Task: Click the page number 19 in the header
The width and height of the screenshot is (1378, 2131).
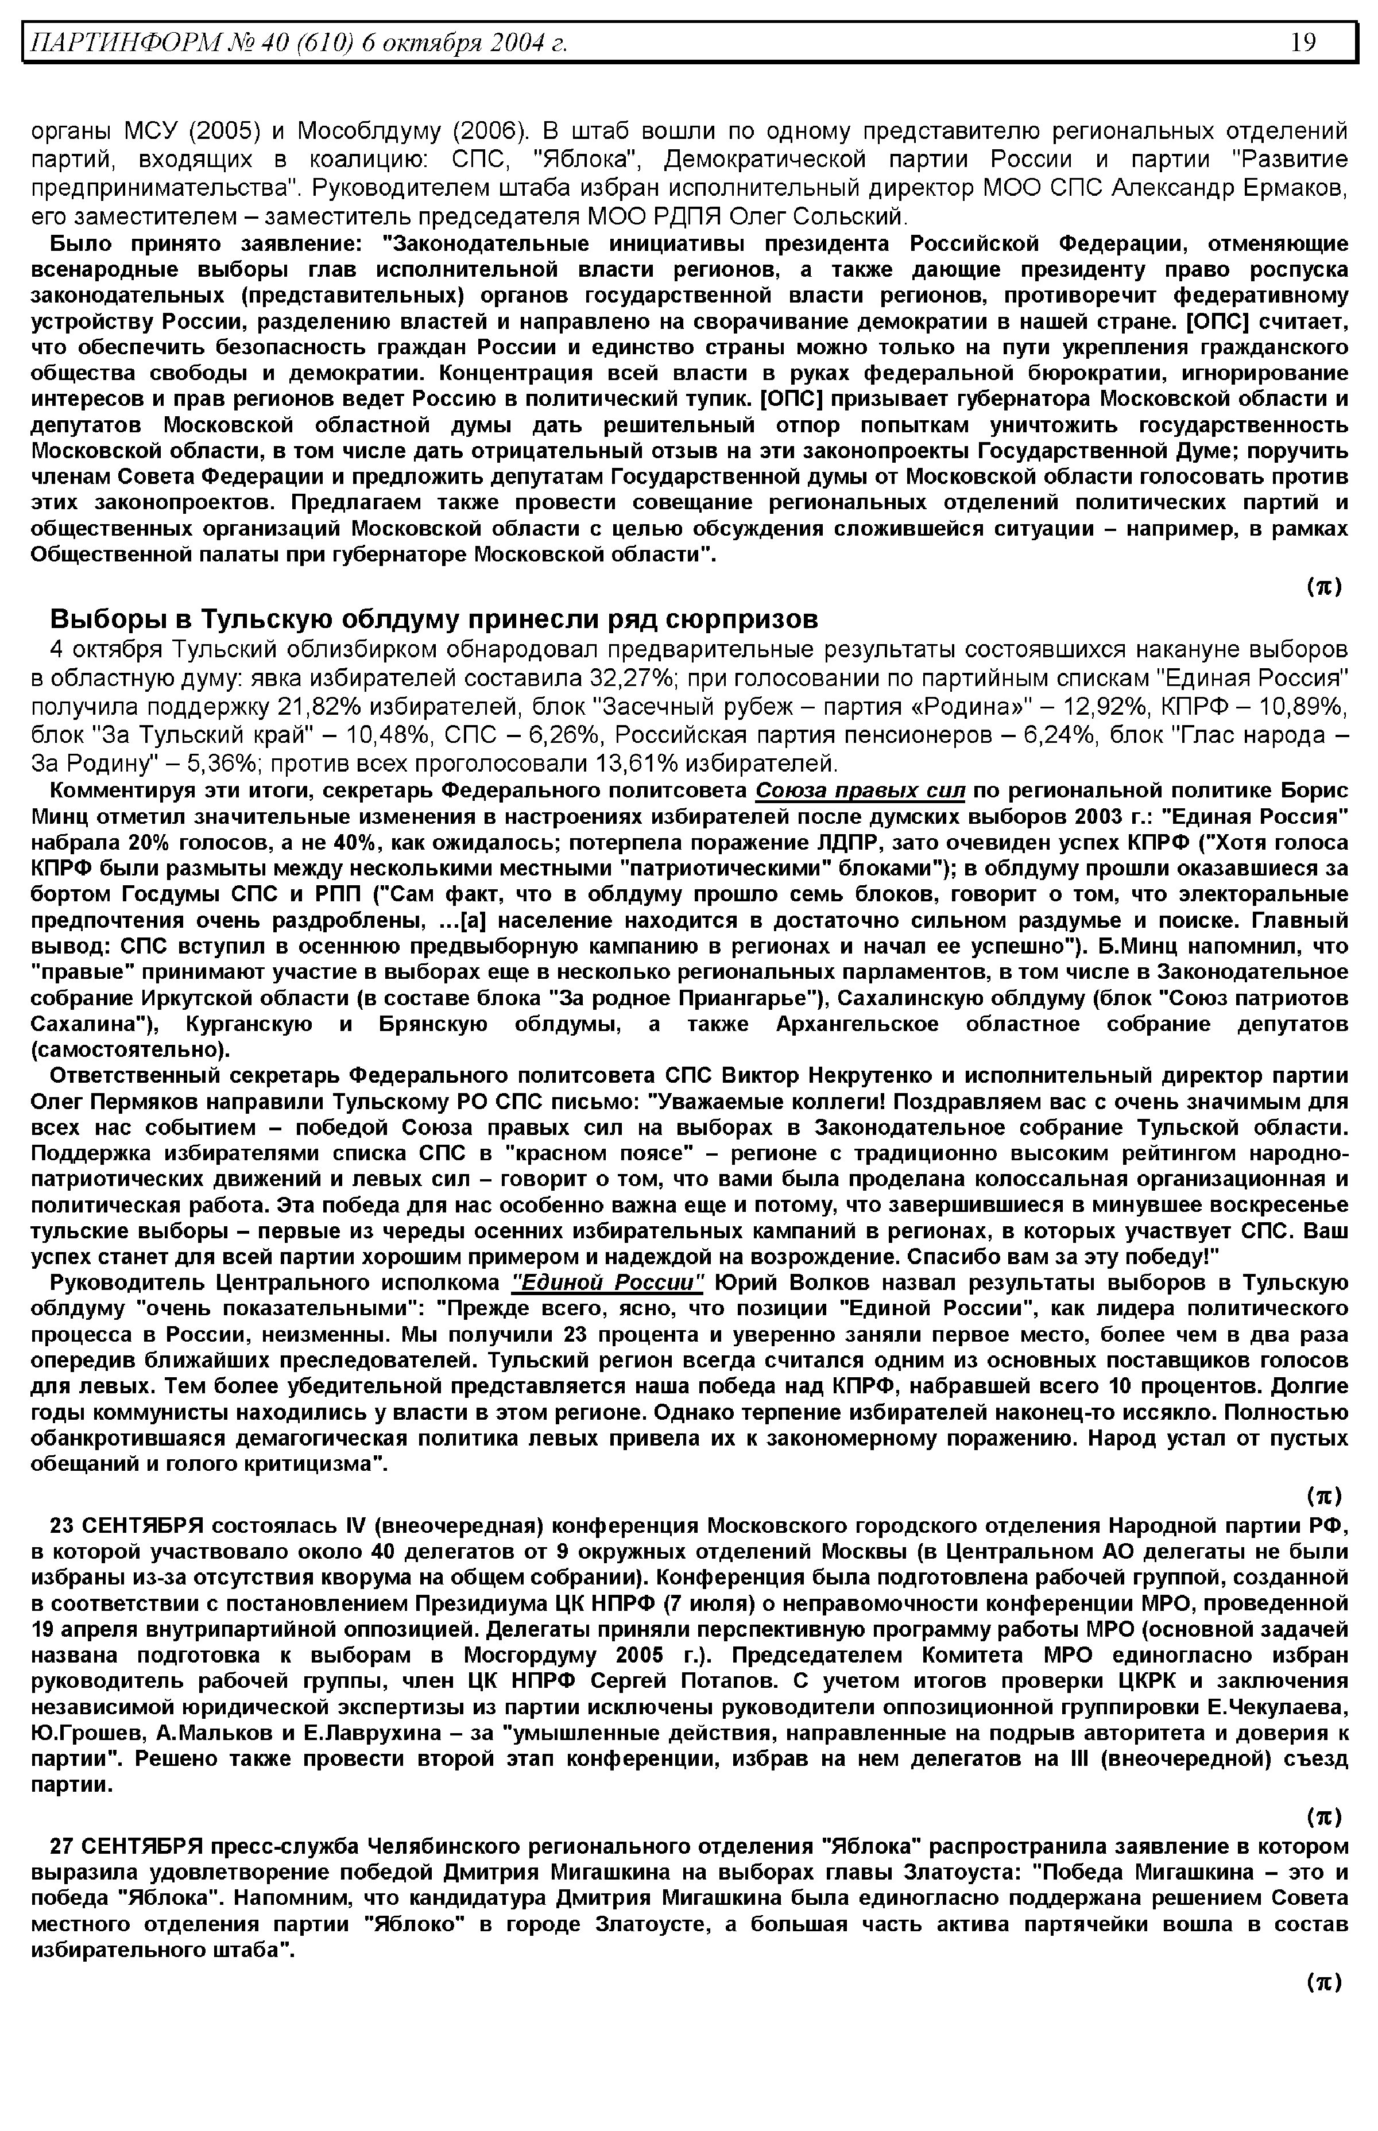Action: click(1303, 42)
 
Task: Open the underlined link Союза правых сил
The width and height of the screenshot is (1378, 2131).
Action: click(861, 791)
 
